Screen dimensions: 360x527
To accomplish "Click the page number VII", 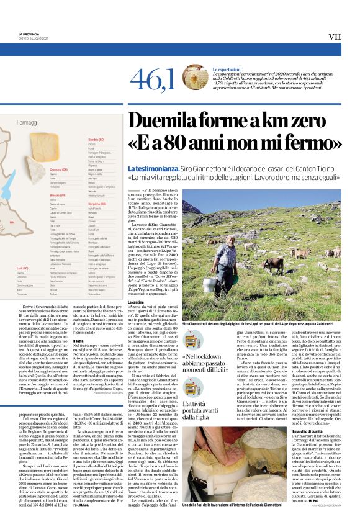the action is pyautogui.click(x=334, y=37).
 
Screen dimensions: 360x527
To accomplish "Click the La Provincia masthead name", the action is pyautogui.click(x=28, y=34).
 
